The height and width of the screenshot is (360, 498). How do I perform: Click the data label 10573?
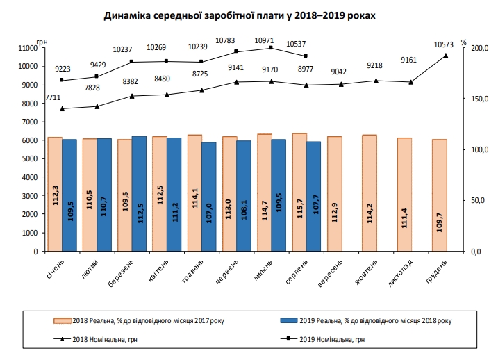[444, 45]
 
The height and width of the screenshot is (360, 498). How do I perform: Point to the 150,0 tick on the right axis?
[478, 99]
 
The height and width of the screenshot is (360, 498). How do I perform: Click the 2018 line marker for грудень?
[446, 56]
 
